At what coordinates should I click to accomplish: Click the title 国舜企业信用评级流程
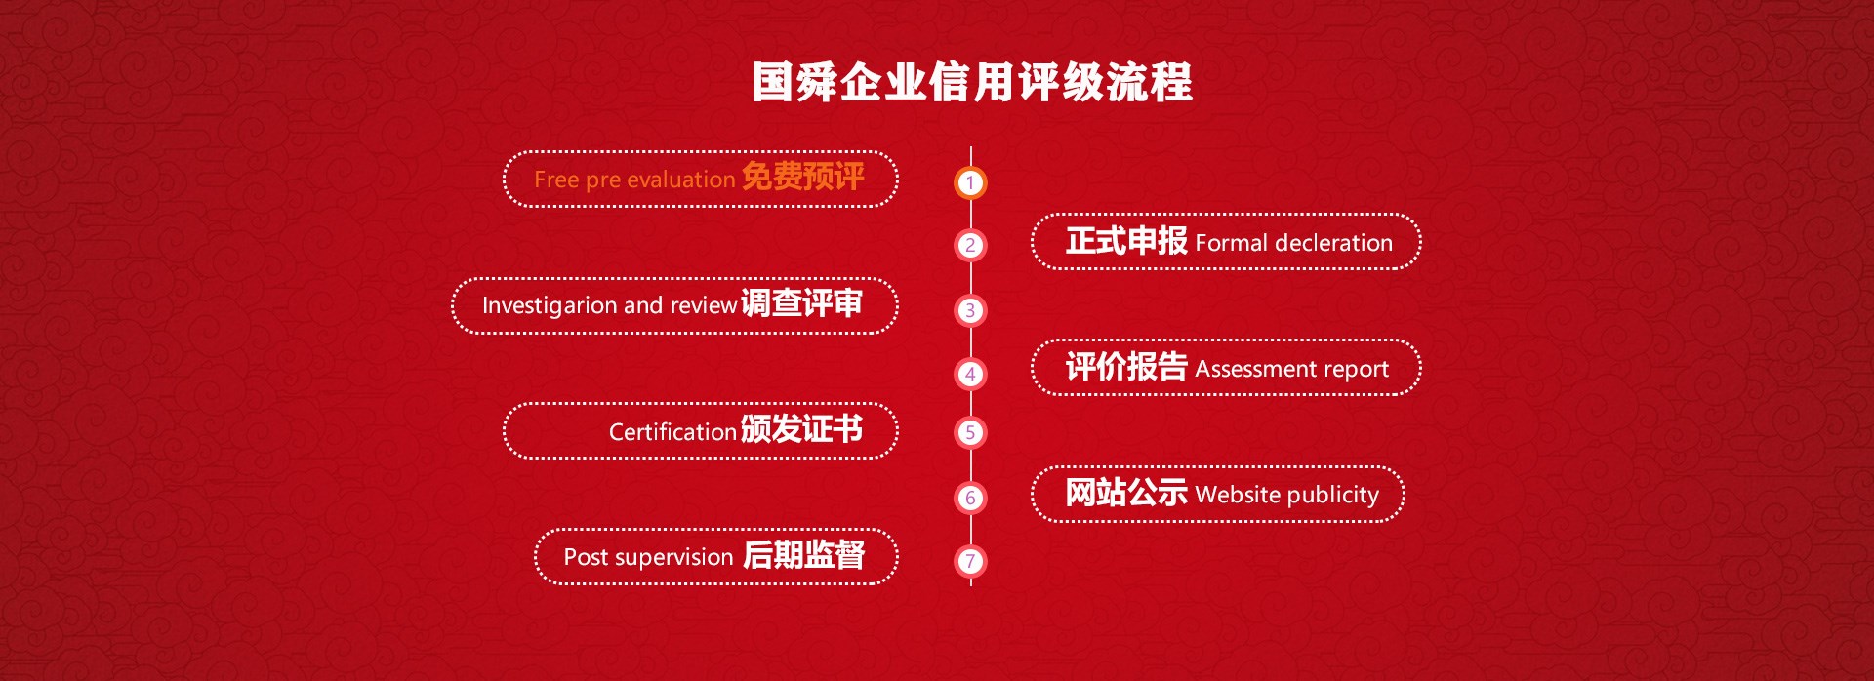971,82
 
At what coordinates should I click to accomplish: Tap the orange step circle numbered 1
970,182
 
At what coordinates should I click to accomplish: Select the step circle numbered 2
970,245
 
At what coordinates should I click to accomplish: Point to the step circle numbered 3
970,310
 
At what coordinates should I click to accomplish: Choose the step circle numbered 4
970,374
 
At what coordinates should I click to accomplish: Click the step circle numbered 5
970,432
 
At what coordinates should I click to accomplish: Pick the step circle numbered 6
970,498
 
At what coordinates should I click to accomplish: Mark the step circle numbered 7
970,561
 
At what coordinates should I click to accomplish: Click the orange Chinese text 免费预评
802,177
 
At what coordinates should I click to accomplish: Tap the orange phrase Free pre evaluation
634,180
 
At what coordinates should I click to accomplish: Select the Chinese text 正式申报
1126,240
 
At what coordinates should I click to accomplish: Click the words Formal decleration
1293,243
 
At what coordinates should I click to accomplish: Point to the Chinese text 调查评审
801,303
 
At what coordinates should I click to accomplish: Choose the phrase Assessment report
1291,369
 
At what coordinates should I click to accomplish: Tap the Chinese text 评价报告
1126,366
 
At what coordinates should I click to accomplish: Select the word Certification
672,431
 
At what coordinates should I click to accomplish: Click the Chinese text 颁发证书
801,429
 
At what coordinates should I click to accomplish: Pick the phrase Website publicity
1286,495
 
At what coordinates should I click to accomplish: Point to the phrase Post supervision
648,557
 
